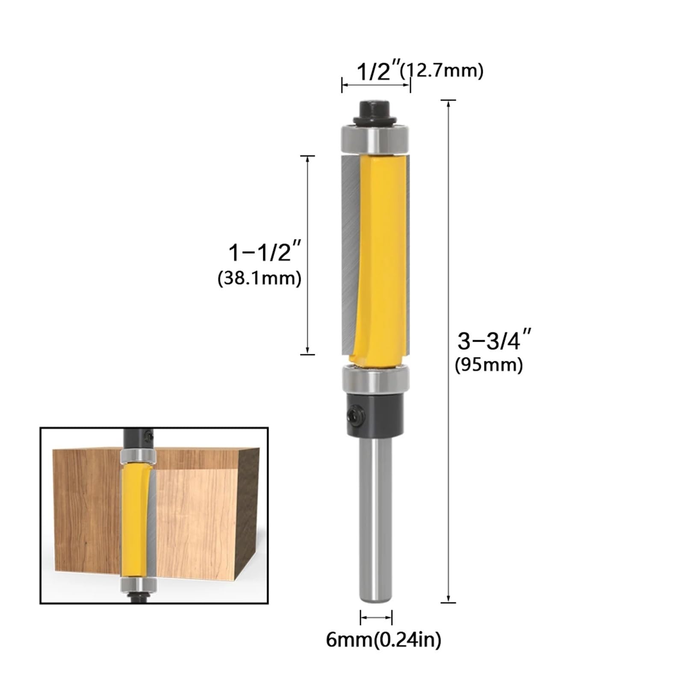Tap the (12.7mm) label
(442, 70)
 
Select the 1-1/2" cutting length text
(265, 252)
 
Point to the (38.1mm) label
(259, 279)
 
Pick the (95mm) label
(489, 365)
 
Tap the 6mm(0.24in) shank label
(383, 640)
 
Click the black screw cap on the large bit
(375, 110)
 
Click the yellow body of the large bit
(378, 256)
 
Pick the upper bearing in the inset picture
(138, 457)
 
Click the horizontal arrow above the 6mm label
(376, 617)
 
